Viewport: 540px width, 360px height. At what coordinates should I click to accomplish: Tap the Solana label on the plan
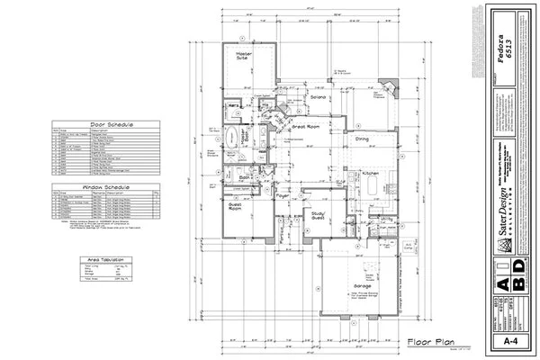(318, 97)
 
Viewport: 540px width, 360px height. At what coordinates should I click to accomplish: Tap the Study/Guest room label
(319, 215)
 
